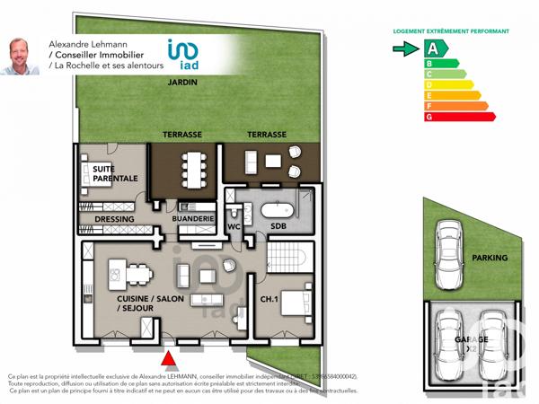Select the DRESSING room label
(x=113, y=219)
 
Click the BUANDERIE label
(x=193, y=219)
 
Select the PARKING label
(x=490, y=259)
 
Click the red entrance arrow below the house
(x=167, y=360)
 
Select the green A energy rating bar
(x=436, y=49)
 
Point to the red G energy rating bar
(x=458, y=117)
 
